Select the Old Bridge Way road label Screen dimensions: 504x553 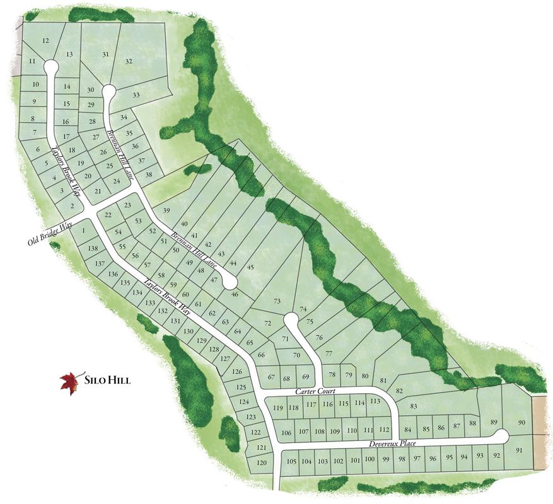[50, 233]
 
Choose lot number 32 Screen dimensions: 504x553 [129, 61]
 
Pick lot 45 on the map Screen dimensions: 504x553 [250, 268]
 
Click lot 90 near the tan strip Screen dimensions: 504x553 [521, 422]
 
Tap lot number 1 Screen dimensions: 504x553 [83, 231]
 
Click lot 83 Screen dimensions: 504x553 [414, 406]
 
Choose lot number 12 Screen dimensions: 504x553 [45, 41]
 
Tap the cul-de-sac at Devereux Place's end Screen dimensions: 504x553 [501, 435]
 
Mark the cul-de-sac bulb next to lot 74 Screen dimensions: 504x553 [291, 319]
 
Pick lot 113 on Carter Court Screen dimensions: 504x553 [375, 401]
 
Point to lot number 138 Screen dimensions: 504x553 [93, 249]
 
